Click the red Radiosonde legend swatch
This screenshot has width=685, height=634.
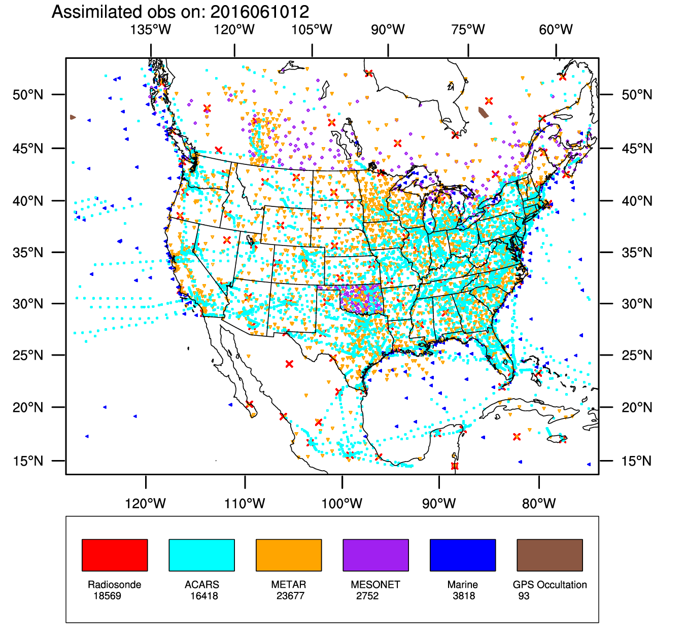(115, 555)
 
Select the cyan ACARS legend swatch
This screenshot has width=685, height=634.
(201, 555)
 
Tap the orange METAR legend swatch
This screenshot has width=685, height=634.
(289, 555)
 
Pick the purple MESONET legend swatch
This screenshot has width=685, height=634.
(375, 555)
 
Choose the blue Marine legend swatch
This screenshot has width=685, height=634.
(462, 555)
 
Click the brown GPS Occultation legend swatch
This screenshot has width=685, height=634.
(550, 555)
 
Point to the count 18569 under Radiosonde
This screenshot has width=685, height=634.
(107, 596)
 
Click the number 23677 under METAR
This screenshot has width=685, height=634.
(290, 596)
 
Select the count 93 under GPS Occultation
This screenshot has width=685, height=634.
(524, 596)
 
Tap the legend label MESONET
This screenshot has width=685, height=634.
(375, 585)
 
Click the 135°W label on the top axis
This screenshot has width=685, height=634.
(151, 30)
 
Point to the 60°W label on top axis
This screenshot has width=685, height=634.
(556, 30)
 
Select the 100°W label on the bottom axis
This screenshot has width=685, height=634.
(342, 504)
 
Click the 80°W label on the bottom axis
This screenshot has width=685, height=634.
(539, 504)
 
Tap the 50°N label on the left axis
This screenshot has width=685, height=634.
(28, 95)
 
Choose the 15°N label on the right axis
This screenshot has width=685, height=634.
(637, 461)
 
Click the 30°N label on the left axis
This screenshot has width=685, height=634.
(28, 304)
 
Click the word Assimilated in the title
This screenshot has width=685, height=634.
(94, 11)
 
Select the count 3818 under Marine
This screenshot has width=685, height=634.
(464, 596)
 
